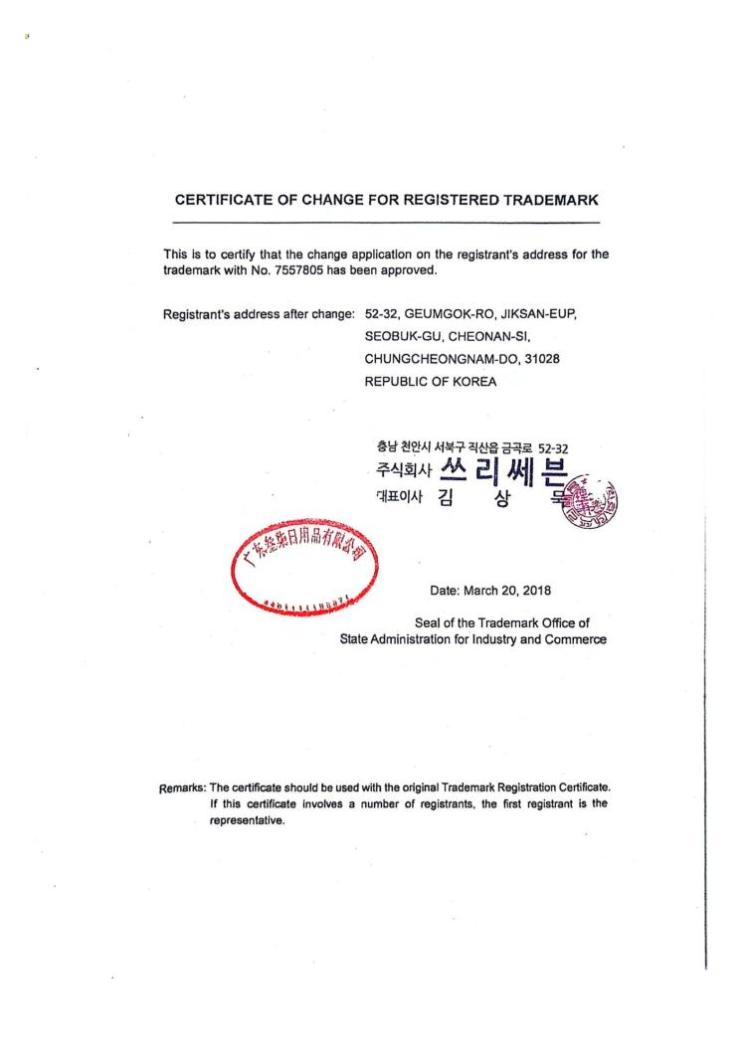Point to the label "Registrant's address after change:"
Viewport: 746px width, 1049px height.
coord(259,314)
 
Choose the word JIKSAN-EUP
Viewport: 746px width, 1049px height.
coord(534,314)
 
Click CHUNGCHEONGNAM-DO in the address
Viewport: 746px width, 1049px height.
coord(440,358)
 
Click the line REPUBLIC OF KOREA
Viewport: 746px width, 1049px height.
coord(431,380)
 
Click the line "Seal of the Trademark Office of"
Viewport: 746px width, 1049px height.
coord(502,622)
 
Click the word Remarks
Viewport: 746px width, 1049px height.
coord(183,787)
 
